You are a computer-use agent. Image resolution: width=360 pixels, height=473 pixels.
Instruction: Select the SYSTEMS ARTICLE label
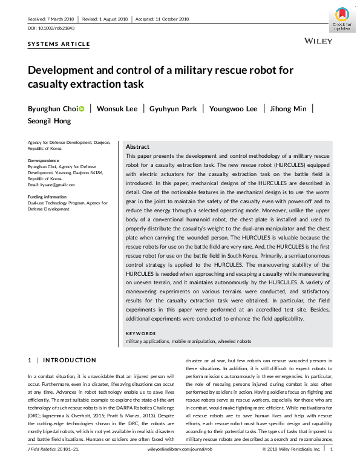59,44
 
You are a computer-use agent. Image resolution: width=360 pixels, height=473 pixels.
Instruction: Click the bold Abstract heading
138,147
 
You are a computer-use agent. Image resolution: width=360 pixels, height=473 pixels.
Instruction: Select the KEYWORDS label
140,333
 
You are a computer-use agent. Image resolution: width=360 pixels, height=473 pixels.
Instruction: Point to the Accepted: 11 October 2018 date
163,19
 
